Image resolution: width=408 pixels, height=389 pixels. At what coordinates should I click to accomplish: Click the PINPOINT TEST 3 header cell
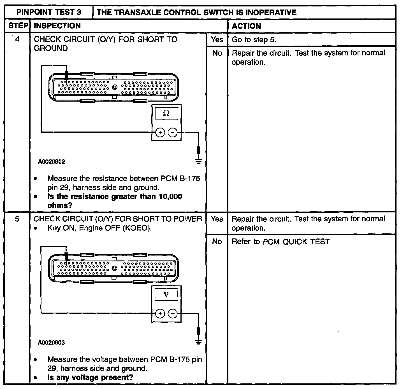(49, 12)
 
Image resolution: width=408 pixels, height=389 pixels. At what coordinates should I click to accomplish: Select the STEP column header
(17, 26)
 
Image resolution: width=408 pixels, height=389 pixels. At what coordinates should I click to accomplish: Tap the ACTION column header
(246, 26)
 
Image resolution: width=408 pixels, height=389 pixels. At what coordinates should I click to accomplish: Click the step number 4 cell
(17, 39)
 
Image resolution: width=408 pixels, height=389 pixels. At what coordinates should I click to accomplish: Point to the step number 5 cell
(17, 219)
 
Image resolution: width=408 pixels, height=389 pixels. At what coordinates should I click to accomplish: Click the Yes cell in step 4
(217, 39)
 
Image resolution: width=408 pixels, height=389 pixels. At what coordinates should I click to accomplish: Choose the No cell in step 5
(217, 241)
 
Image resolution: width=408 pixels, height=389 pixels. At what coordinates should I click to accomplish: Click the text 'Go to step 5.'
(254, 39)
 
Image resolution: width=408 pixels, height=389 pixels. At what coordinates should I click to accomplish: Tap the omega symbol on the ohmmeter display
(166, 113)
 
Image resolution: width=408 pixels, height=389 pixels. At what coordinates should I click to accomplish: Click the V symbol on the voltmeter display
(166, 294)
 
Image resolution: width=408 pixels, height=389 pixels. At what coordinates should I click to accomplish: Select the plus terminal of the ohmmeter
(160, 132)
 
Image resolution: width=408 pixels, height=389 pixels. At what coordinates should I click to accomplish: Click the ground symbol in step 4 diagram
(199, 161)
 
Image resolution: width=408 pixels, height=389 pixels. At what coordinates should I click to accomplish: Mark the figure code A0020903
(52, 343)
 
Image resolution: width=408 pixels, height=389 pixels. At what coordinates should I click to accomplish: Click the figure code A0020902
(52, 161)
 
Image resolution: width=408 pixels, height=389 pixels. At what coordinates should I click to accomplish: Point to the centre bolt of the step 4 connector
(115, 87)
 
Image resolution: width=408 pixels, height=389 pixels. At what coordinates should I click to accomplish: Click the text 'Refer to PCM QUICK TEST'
(280, 242)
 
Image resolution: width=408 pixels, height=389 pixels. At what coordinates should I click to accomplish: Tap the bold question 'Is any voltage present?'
(90, 377)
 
